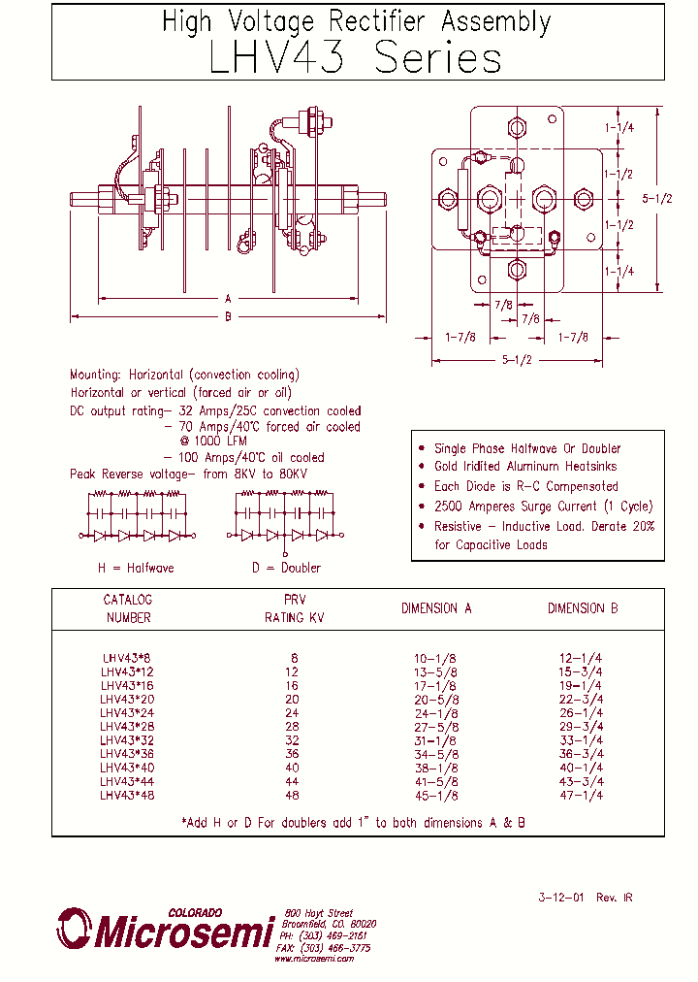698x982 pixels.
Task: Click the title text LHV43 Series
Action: tap(356, 59)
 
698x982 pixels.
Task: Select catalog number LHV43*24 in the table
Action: tap(127, 712)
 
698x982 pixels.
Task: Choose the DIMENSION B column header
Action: tap(582, 608)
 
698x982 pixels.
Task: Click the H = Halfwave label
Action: tap(136, 568)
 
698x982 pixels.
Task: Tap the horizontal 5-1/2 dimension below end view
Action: tap(516, 360)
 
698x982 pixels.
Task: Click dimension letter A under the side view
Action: tap(228, 299)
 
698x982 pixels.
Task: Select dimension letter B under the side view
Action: tap(228, 316)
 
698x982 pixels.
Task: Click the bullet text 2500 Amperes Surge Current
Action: tap(543, 507)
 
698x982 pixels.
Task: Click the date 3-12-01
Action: tap(562, 898)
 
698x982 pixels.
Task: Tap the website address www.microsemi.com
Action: tap(314, 958)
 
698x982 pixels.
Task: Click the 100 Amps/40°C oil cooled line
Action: tap(243, 457)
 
